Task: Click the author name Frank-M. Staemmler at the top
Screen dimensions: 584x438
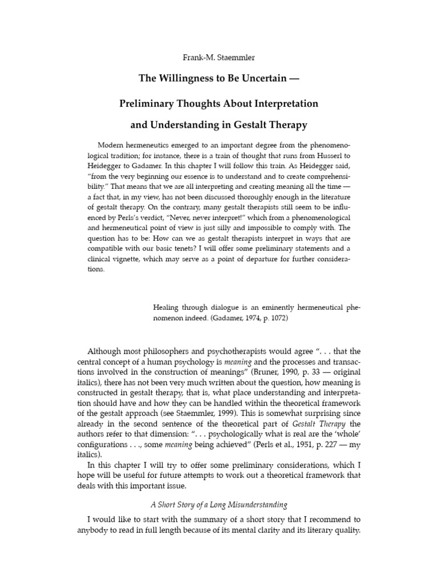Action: pyautogui.click(x=219, y=58)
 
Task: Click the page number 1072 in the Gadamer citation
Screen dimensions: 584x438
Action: pyautogui.click(x=277, y=319)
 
